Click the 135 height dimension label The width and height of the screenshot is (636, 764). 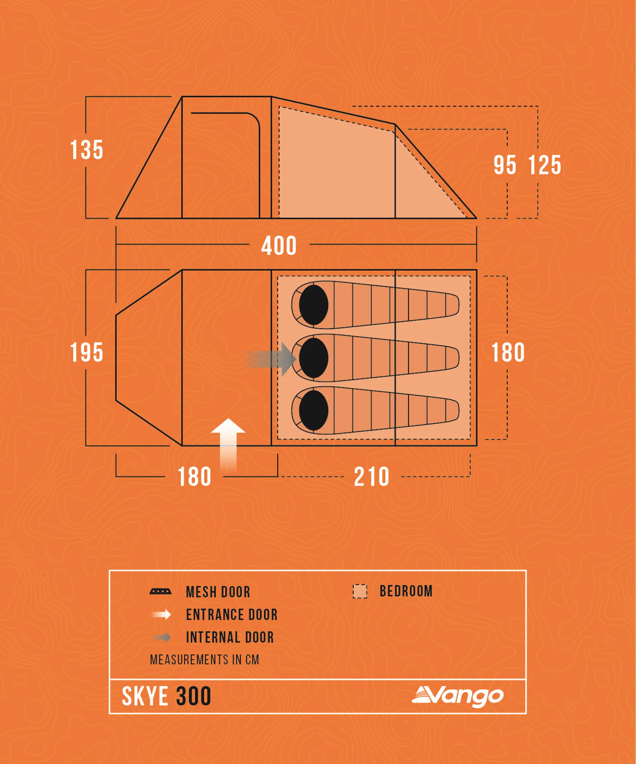point(86,150)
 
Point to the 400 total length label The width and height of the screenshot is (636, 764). point(279,246)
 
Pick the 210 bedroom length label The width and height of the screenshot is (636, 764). point(371,477)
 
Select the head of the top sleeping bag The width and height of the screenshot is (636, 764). point(313,305)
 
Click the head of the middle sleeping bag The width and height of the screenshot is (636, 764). point(313,358)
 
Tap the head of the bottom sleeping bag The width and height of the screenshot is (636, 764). point(313,410)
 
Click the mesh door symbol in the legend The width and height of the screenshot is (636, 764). point(160,591)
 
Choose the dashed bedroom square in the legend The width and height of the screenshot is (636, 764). point(359,591)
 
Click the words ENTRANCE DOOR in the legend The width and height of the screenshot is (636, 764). point(232,615)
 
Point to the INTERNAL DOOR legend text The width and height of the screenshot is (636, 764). point(230,637)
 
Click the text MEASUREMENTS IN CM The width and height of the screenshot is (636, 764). point(204,660)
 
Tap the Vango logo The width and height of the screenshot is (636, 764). point(458,696)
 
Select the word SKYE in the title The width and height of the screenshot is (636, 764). point(145,696)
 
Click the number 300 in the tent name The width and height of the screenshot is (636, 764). point(193,696)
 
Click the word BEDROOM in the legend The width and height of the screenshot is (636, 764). point(406,591)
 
